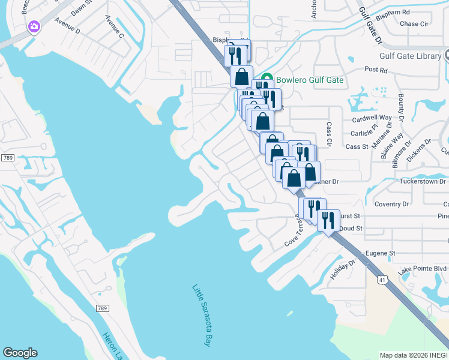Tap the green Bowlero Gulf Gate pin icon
[268, 79]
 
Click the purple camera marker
[34, 26]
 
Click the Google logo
[20, 353]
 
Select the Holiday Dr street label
[343, 269]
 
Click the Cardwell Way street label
[371, 118]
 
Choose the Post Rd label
[376, 70]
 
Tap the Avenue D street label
[68, 25]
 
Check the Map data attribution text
[414, 355]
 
